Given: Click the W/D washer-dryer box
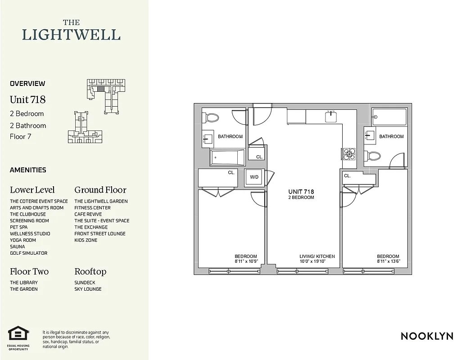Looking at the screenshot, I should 254,177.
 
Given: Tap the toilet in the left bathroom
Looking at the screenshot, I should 212,118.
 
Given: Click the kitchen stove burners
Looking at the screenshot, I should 348,154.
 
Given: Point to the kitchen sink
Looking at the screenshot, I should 331,117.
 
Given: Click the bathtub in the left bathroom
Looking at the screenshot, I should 227,157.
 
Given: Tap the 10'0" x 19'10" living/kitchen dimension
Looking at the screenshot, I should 317,261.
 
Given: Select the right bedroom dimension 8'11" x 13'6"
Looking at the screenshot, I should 388,261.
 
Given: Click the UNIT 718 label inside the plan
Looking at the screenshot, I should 301,192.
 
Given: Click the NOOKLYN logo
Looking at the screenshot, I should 427,336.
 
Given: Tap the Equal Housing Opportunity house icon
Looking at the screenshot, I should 18,334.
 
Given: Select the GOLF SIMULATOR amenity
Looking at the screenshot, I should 28,253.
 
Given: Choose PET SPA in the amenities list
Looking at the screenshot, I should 18,227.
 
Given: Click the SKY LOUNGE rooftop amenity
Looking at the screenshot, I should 88,289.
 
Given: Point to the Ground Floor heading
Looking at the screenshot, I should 100,190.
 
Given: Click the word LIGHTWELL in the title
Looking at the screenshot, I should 71,35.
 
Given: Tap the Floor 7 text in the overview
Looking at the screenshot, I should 20,136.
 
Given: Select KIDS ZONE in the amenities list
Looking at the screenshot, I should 86,240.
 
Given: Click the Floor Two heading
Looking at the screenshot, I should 29,271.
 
